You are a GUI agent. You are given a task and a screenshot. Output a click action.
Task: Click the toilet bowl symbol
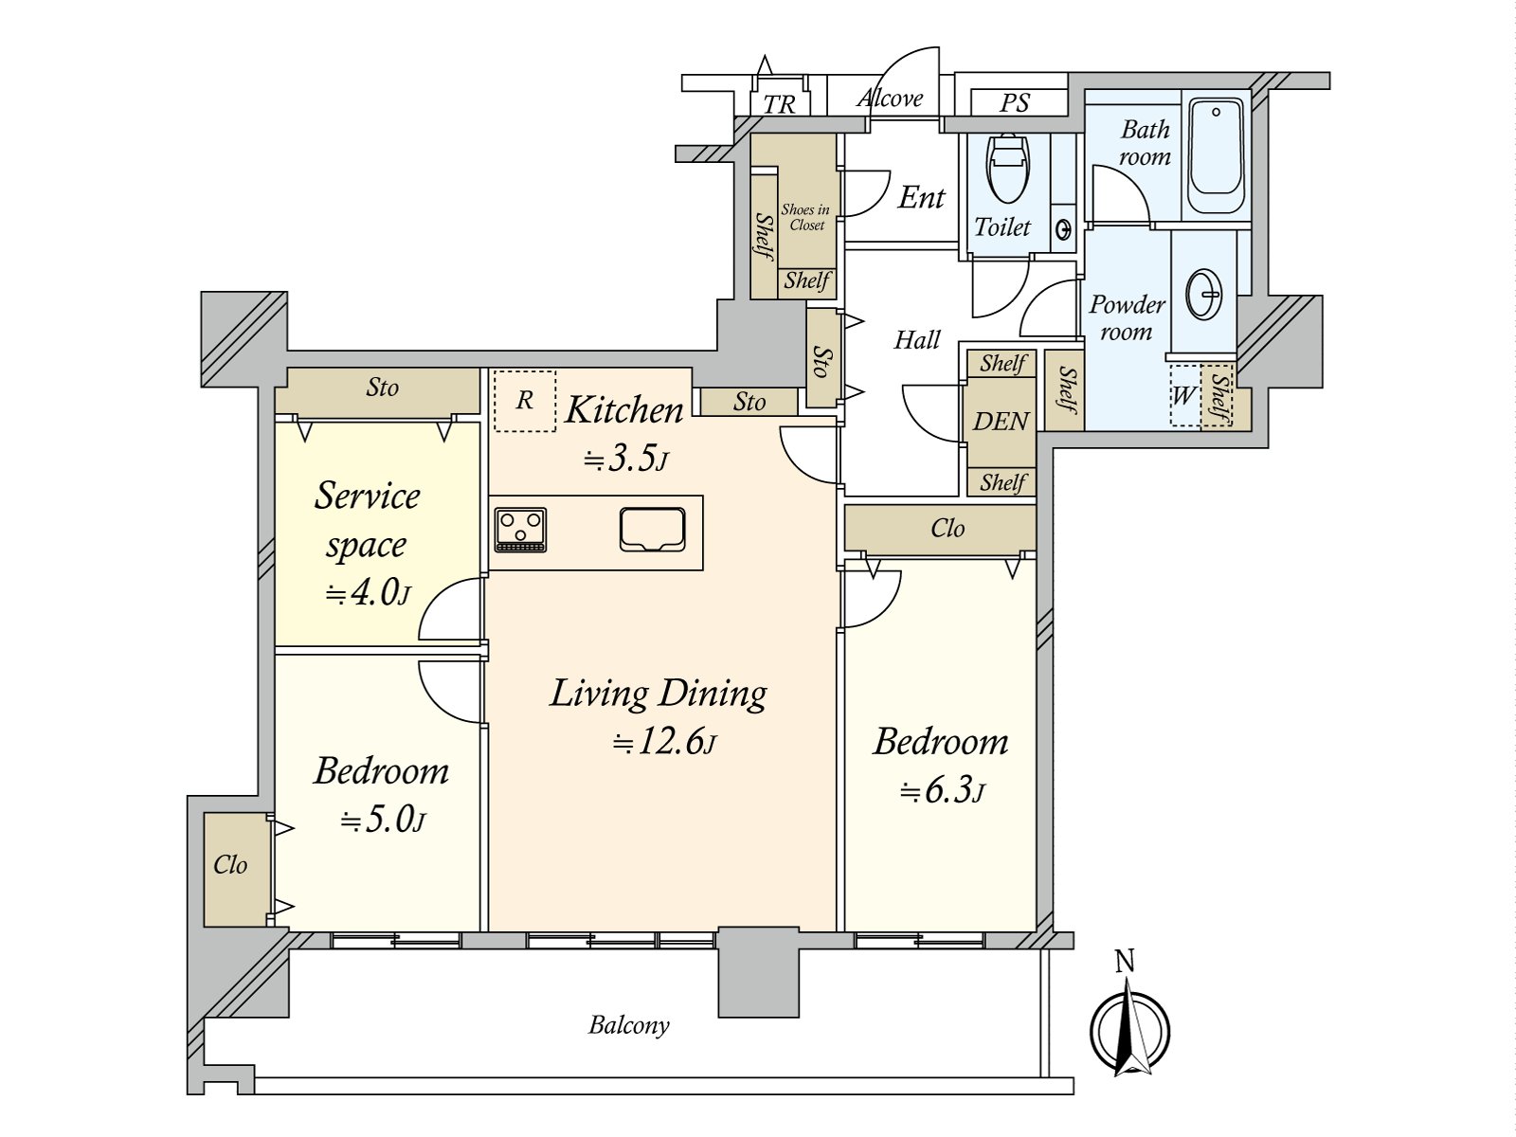coord(1008,169)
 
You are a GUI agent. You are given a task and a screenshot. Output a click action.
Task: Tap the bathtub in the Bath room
coord(1217,156)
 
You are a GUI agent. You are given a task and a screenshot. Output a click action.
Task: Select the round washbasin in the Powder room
coord(1204,294)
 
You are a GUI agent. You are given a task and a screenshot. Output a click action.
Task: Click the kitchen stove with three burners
coord(521,530)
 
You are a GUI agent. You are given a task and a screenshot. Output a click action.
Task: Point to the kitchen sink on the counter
coord(652,530)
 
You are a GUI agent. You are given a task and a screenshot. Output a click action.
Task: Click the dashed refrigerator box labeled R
coord(525,401)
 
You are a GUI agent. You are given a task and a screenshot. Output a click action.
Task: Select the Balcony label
coord(628,1026)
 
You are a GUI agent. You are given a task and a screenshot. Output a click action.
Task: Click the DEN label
coord(1001,421)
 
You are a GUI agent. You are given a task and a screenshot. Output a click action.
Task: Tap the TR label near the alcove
coord(779,105)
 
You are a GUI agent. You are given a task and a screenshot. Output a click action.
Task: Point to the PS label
coord(1015,103)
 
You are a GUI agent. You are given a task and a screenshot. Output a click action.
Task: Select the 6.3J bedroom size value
coord(942,790)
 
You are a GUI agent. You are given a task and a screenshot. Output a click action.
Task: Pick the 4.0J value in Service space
coord(369,592)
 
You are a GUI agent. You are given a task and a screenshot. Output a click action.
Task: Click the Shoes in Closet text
coord(805,217)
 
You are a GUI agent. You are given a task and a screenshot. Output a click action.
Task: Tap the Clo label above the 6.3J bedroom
coord(947,528)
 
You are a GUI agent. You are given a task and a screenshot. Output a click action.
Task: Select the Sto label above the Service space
coord(382,388)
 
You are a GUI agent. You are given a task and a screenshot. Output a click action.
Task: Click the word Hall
coord(917,339)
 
